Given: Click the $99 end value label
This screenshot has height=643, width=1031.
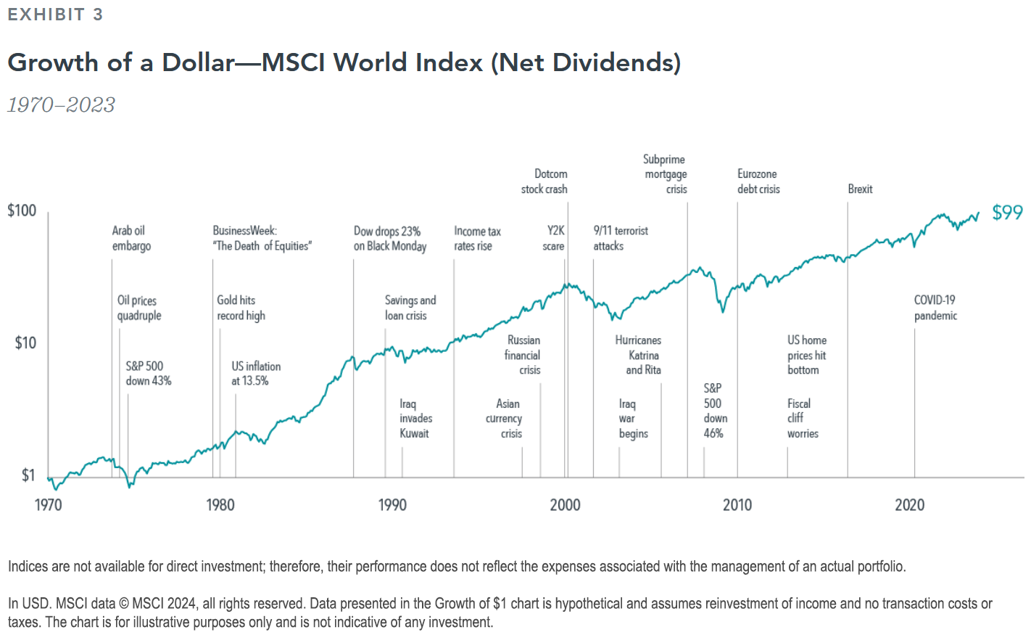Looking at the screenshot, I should pyautogui.click(x=1007, y=213).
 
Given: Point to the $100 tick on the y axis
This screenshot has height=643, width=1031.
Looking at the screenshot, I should pyautogui.click(x=22, y=210).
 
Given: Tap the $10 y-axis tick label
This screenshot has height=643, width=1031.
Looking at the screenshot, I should pyautogui.click(x=25, y=343).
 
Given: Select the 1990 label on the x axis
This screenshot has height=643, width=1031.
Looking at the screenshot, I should pyautogui.click(x=392, y=505).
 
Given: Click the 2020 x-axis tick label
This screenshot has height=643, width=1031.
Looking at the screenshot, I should pyautogui.click(x=909, y=505).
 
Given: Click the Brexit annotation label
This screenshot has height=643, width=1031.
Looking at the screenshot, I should pyautogui.click(x=860, y=189).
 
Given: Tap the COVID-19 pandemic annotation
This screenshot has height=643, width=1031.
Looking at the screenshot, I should pyautogui.click(x=935, y=308).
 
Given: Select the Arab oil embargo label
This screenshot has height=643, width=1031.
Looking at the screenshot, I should pyautogui.click(x=131, y=238).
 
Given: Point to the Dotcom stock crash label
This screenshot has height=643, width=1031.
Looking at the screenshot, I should pyautogui.click(x=545, y=181).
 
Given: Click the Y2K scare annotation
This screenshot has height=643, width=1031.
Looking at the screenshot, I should pyautogui.click(x=554, y=238).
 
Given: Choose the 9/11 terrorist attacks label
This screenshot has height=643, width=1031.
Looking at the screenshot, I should pyautogui.click(x=620, y=238).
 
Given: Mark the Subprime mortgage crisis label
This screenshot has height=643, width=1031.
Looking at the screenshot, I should pyautogui.click(x=665, y=174).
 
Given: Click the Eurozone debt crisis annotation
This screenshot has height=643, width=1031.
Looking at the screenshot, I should pyautogui.click(x=758, y=181).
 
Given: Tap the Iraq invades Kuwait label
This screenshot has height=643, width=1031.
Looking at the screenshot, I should pyautogui.click(x=415, y=419).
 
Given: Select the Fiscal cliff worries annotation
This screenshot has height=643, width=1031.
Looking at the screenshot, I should pyautogui.click(x=802, y=419).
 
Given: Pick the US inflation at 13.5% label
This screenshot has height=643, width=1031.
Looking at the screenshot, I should pyautogui.click(x=255, y=374).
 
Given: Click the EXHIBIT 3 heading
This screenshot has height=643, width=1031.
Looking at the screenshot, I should pyautogui.click(x=55, y=15).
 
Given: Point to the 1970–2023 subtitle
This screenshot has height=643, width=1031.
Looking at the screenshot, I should pyautogui.click(x=61, y=105).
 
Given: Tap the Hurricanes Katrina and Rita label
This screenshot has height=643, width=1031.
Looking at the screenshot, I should pyautogui.click(x=638, y=355).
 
